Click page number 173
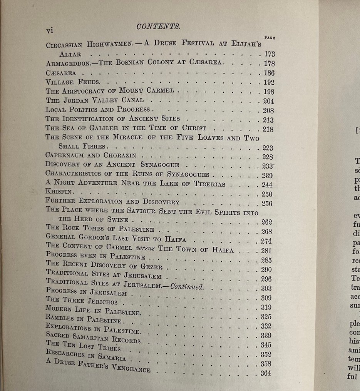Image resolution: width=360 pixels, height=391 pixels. click(x=267, y=54)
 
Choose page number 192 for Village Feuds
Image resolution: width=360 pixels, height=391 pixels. click(x=267, y=82)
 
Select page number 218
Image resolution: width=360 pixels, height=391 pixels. click(x=267, y=129)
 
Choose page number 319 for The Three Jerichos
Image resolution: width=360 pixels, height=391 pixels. click(x=266, y=307)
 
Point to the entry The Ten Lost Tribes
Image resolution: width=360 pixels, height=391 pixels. click(x=83, y=345)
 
